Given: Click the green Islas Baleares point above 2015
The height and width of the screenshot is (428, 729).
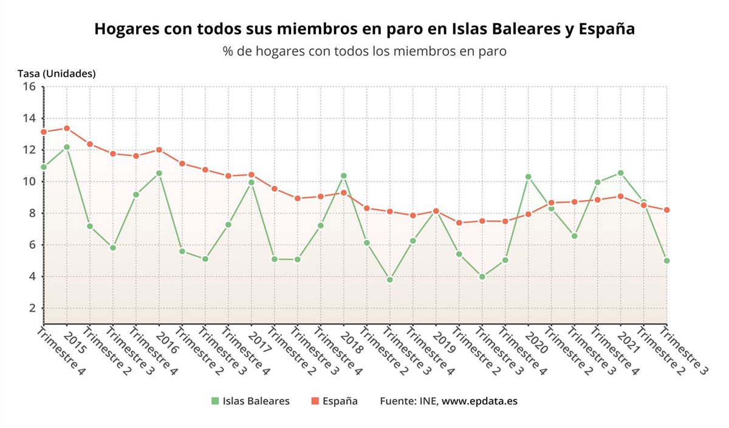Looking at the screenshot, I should (x=67, y=147).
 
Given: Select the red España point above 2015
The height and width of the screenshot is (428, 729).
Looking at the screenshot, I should (x=67, y=128).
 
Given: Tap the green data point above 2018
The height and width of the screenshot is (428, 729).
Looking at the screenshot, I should (x=343, y=176).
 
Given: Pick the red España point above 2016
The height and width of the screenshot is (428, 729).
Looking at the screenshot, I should (x=159, y=150).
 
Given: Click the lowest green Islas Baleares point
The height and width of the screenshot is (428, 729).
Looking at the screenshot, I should (x=389, y=280).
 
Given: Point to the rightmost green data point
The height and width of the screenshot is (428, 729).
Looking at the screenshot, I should (x=666, y=260).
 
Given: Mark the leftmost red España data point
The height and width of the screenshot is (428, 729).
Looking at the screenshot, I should (x=44, y=132).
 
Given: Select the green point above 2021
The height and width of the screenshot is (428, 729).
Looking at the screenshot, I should (x=620, y=173).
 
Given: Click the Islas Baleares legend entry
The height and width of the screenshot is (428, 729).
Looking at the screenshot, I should (x=250, y=401).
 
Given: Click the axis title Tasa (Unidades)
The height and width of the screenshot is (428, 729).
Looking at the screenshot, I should (x=56, y=74).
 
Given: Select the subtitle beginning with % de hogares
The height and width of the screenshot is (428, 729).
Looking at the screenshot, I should (x=364, y=52).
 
